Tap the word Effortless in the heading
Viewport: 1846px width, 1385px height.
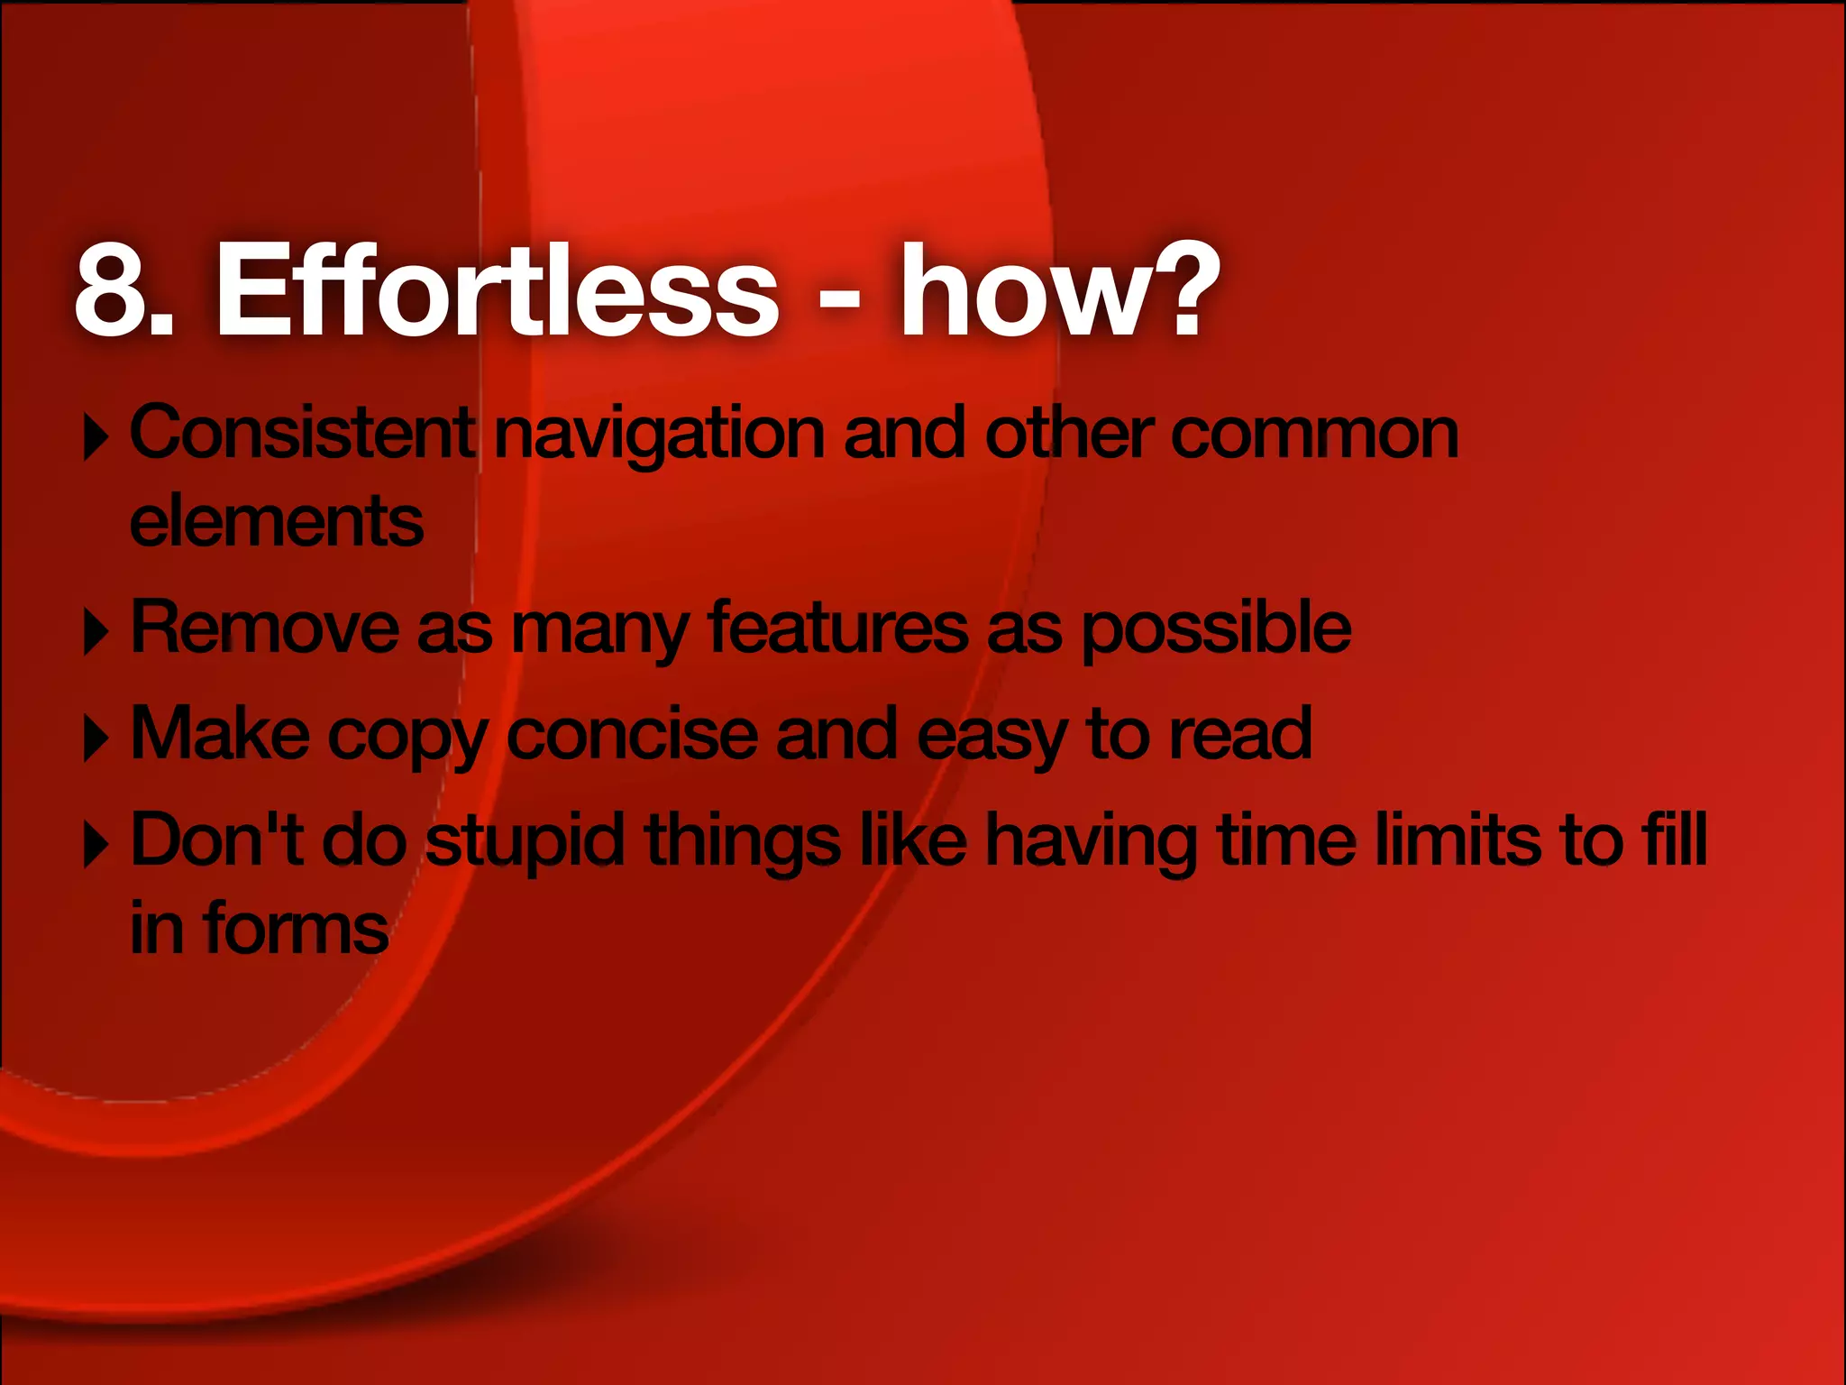[497, 290]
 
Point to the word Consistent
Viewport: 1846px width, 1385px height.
[303, 434]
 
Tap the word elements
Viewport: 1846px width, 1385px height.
[276, 522]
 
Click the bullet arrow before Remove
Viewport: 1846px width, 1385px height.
[96, 632]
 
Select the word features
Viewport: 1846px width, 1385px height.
[837, 628]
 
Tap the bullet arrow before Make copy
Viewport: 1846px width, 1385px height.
[96, 738]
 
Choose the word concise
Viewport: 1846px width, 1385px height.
[631, 735]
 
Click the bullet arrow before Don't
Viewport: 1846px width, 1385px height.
[96, 845]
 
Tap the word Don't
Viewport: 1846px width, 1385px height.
[216, 839]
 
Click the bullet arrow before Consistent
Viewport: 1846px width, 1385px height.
[96, 437]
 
